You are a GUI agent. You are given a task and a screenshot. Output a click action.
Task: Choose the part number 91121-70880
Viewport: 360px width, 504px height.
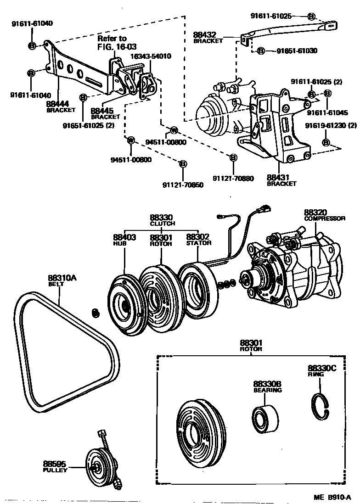pyautogui.click(x=233, y=178)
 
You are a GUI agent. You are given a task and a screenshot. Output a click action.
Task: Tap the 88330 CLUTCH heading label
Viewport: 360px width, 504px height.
pyautogui.click(x=162, y=218)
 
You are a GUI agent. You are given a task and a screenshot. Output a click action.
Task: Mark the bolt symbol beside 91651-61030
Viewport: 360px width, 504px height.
pyautogui.click(x=260, y=50)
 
